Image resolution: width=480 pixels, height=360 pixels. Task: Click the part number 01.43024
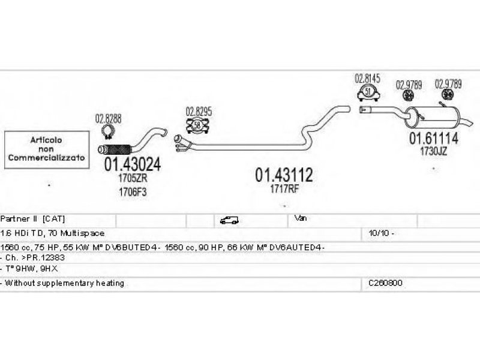coord(133,163)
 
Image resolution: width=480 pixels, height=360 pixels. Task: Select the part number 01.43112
coord(284,175)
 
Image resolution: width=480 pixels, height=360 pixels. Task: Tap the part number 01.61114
coord(434,139)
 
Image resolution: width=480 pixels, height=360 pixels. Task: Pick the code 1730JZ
coord(433,152)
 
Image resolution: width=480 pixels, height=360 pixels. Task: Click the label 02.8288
coord(108,118)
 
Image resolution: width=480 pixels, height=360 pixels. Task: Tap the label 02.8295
coord(199,111)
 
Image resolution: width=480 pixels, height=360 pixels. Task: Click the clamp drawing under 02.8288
coord(109,132)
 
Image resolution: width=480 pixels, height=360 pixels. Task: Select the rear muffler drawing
coord(430,116)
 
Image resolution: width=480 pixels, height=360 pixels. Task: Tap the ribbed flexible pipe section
coord(116,148)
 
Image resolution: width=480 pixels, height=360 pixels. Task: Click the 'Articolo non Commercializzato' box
coord(46,149)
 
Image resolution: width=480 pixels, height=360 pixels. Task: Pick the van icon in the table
coord(229,220)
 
